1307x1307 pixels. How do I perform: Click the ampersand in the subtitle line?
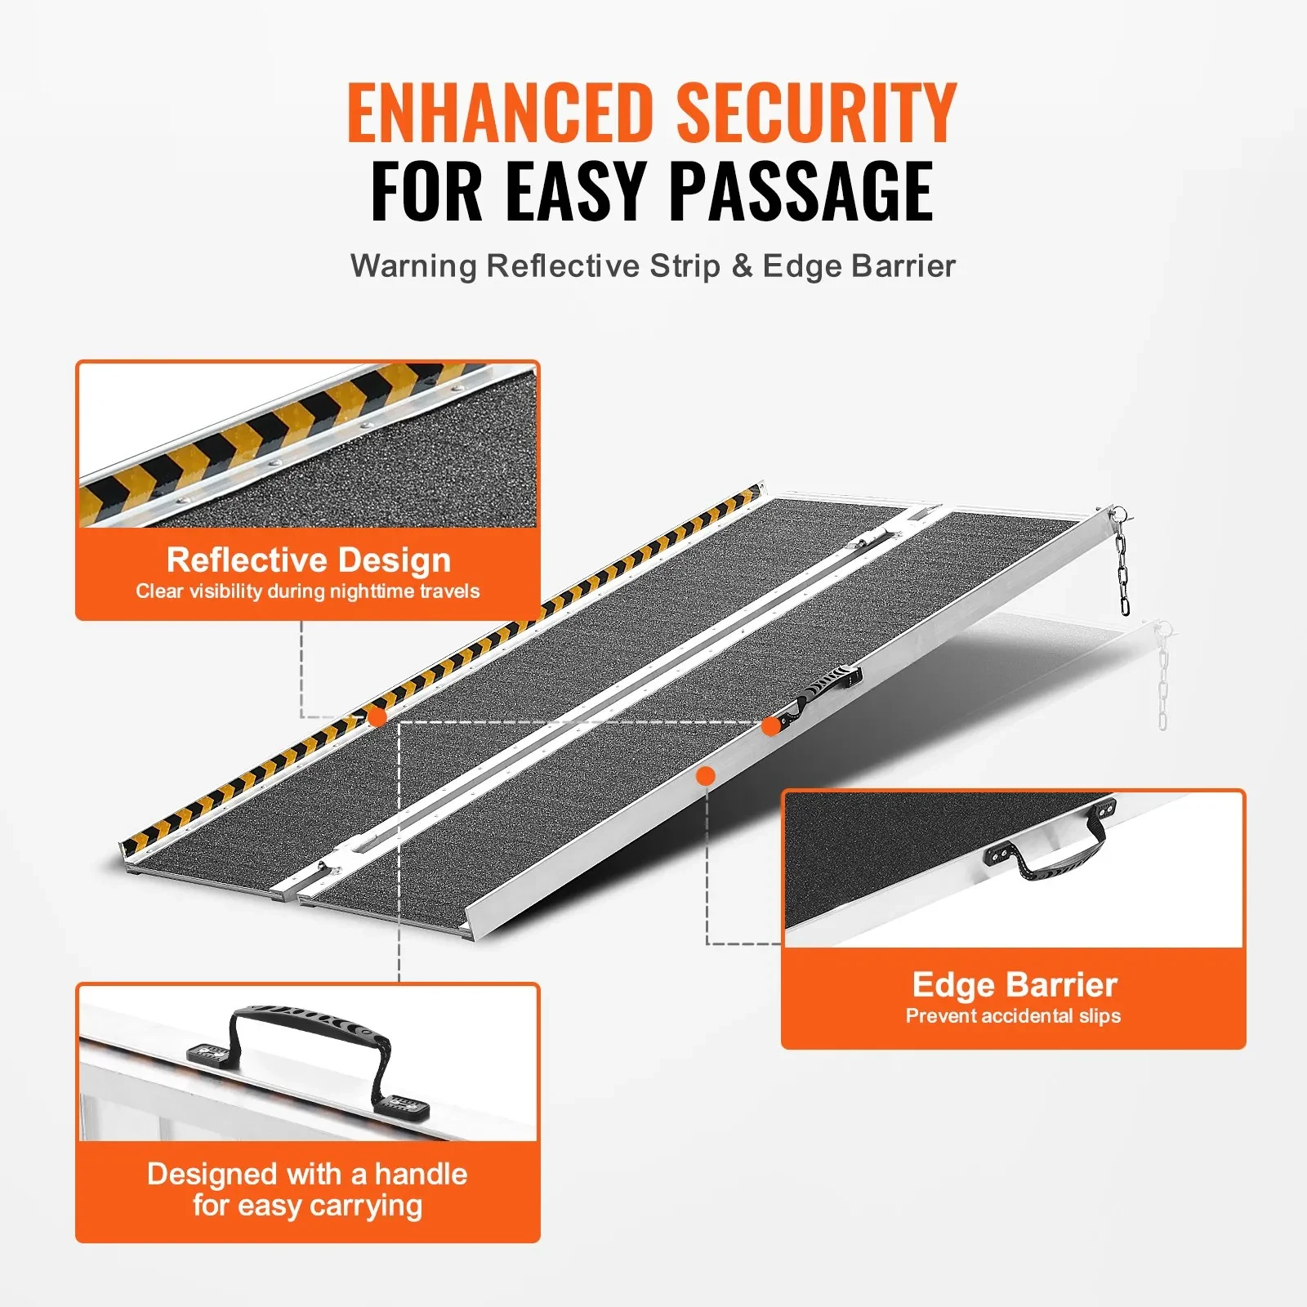point(742,266)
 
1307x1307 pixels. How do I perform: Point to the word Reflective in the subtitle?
point(564,266)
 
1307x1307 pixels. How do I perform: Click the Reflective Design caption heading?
point(309,560)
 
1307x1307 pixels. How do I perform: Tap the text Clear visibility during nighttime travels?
point(308,591)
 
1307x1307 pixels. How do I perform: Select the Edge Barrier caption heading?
point(1015,985)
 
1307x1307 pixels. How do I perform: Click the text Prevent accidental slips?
point(1013,1016)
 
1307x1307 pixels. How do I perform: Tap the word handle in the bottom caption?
point(421,1175)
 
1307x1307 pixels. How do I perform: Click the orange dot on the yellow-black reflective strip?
point(377,717)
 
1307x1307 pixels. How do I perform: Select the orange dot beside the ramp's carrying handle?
point(770,725)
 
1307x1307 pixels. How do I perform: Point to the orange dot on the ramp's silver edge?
point(706,776)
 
